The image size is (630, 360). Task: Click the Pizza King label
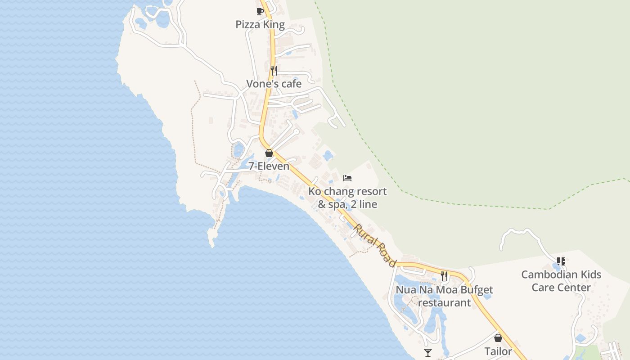click(260, 24)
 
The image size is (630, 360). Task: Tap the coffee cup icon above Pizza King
click(260, 11)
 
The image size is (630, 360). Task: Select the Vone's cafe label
click(274, 84)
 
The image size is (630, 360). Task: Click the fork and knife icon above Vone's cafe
click(274, 70)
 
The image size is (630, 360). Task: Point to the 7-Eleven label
click(269, 166)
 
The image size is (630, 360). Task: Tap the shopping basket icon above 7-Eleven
click(269, 153)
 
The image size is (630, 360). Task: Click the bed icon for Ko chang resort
click(347, 178)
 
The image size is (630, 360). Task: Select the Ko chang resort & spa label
click(347, 198)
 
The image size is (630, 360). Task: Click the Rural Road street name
click(374, 245)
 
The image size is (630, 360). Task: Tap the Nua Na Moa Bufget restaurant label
click(444, 296)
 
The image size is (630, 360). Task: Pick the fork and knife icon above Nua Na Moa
click(444, 276)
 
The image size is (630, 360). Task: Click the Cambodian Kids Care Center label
click(561, 281)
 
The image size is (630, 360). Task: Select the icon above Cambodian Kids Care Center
click(561, 261)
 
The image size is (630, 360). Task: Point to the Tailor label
click(498, 351)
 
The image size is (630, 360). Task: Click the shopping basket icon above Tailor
click(498, 338)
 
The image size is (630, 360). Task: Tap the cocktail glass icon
click(428, 353)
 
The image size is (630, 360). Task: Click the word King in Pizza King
click(274, 24)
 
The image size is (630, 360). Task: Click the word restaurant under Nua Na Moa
click(444, 302)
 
